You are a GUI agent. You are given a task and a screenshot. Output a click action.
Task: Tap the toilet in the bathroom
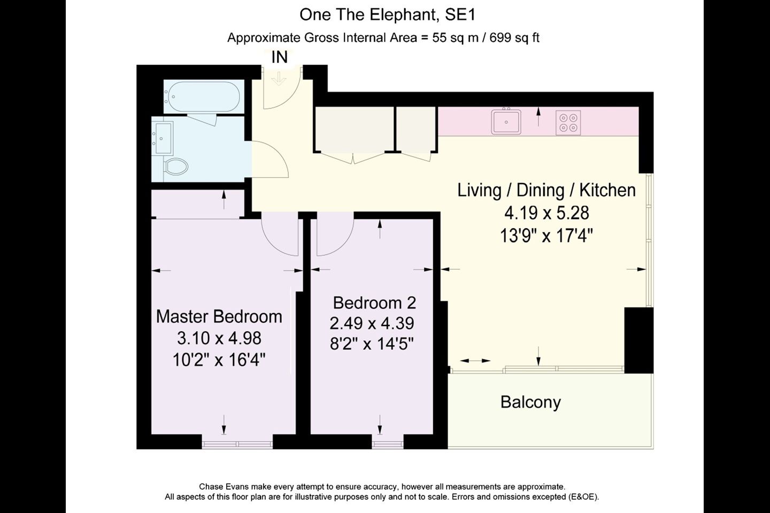pyautogui.click(x=176, y=167)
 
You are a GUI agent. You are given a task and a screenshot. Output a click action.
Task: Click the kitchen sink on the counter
pyautogui.click(x=506, y=121)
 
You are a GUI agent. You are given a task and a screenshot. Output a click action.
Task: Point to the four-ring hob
pyautogui.click(x=568, y=123)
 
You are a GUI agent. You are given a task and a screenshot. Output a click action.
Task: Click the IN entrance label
pyautogui.click(x=280, y=57)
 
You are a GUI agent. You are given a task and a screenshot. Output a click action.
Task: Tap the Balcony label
pyautogui.click(x=530, y=402)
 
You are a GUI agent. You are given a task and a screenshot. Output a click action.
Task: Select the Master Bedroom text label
pyautogui.click(x=219, y=316)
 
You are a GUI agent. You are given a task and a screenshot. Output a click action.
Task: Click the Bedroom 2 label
pyautogui.click(x=374, y=302)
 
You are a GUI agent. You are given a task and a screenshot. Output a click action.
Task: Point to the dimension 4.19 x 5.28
pyautogui.click(x=546, y=213)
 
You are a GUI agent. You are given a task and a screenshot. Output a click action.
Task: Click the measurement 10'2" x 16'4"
pyautogui.click(x=219, y=361)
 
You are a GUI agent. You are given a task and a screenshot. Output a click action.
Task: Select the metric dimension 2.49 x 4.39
pyautogui.click(x=372, y=323)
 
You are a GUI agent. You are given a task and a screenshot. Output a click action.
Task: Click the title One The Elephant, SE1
pyautogui.click(x=387, y=15)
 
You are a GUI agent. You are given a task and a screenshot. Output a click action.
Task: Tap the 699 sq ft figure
pyautogui.click(x=514, y=37)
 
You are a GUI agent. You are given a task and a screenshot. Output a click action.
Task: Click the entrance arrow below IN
pyautogui.click(x=279, y=79)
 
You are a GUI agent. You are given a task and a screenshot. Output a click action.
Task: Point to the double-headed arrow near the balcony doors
pyautogui.click(x=475, y=361)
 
